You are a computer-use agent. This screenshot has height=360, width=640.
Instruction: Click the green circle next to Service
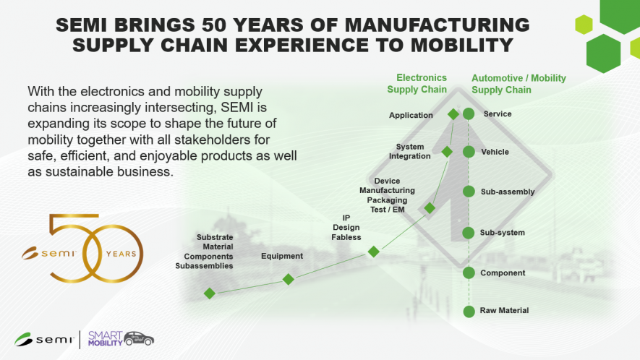[469, 114]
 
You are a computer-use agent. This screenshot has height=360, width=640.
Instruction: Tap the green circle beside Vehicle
[469, 152]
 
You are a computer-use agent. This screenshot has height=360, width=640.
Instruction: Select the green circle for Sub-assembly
[469, 192]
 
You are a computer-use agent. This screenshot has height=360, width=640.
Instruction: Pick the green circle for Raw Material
[469, 312]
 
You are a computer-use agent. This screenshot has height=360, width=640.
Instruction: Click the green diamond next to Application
[453, 114]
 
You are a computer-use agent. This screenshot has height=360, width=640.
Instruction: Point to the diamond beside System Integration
[447, 152]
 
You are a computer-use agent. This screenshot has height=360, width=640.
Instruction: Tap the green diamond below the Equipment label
[289, 279]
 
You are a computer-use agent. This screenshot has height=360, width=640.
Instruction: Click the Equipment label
[282, 256]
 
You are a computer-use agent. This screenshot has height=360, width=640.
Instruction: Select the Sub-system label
[502, 233]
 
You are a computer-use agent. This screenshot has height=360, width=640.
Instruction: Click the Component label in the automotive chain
[503, 273]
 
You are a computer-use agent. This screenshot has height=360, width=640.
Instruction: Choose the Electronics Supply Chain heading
[417, 83]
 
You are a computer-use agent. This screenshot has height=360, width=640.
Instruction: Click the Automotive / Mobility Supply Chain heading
[519, 84]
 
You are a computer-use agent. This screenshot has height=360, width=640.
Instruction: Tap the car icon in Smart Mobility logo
[139, 339]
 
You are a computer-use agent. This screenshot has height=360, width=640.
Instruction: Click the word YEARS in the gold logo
[121, 254]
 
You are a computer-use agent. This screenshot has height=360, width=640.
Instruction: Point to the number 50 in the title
[213, 25]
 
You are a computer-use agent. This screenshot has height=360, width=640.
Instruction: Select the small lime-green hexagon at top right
[584, 25]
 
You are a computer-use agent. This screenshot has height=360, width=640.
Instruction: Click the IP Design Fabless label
[346, 227]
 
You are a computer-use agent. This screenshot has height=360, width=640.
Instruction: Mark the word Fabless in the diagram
[346, 237]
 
